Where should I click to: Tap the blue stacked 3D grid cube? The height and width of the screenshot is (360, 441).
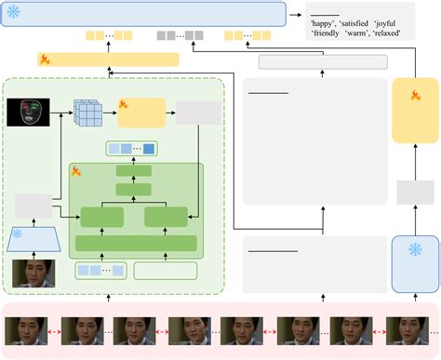90,113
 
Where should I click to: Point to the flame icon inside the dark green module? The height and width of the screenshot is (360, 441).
77,171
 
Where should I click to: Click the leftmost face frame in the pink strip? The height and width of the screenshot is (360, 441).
23,331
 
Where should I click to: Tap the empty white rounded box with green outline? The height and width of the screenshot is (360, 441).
166,271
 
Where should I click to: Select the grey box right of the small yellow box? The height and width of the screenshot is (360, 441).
198,113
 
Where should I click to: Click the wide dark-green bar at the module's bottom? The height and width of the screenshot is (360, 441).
136,243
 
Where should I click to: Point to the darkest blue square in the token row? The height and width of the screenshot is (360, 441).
149,147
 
